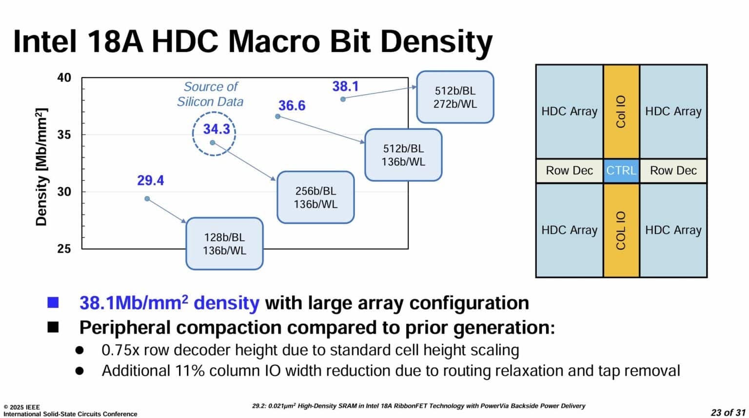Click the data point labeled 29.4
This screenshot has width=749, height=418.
pos(147,199)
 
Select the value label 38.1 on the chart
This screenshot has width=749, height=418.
pos(345,87)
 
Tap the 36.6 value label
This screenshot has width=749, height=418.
pos(292,105)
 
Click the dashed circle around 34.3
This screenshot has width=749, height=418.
pos(214,133)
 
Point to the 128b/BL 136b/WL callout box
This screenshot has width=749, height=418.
pos(224,244)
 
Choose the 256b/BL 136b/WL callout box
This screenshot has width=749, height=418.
pos(315,198)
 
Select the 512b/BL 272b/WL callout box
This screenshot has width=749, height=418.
pos(455,97)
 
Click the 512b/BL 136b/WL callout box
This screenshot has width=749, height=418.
pos(403,155)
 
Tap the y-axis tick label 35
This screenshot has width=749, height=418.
pos(64,135)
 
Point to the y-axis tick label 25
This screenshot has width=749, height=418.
pos(64,249)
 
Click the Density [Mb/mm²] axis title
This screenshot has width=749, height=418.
pos(41,167)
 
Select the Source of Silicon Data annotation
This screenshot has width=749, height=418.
pos(210,94)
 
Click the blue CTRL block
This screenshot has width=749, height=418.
pos(621,171)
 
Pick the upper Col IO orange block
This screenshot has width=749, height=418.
pos(621,112)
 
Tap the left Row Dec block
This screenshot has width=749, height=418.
pos(569,171)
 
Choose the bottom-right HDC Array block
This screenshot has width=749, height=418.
pos(673,230)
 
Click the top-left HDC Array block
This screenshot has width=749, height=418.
pos(569,112)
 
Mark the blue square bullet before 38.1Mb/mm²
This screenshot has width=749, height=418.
pos(53,303)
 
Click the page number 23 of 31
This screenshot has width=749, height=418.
pos(728,412)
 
